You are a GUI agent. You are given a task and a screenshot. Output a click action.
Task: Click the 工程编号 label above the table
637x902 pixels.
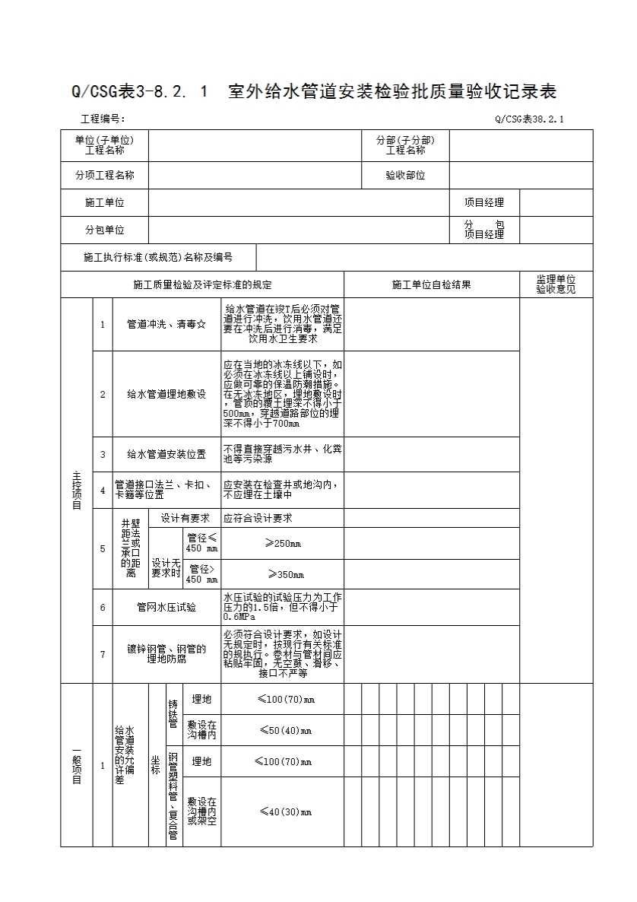tap(103, 119)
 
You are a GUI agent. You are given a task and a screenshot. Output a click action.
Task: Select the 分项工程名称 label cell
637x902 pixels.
tap(105, 175)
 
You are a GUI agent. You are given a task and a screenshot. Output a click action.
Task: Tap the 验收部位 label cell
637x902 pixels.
tap(405, 175)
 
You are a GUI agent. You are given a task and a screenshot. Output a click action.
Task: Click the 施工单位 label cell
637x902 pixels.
tap(105, 202)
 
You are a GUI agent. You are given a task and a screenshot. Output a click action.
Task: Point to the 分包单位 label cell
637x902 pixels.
tap(105, 230)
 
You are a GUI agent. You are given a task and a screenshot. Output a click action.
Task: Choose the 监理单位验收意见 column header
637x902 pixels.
tap(556, 284)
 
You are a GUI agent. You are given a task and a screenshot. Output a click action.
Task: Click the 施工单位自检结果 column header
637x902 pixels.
tap(431, 284)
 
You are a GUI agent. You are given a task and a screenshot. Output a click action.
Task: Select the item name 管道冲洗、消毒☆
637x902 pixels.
tap(166, 324)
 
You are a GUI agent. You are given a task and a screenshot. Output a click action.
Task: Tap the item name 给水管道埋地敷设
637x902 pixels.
tap(166, 394)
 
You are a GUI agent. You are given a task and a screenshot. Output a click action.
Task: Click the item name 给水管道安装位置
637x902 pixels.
tap(166, 454)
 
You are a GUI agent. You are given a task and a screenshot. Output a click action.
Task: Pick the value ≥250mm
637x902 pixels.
tap(283, 543)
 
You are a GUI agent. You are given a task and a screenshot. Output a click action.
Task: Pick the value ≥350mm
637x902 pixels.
tap(283, 574)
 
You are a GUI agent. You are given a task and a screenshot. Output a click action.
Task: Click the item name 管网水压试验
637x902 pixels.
tap(166, 607)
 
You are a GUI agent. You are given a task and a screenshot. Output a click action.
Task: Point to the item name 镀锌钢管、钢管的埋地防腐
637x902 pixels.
tap(166, 654)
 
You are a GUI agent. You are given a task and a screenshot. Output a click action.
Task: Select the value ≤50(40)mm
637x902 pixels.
tap(283, 730)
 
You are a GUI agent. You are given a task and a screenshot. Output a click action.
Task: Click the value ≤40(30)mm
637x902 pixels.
tap(283, 811)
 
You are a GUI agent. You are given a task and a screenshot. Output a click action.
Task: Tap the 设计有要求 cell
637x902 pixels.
tap(185, 518)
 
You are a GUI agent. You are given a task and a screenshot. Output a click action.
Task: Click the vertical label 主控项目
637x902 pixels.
tap(77, 490)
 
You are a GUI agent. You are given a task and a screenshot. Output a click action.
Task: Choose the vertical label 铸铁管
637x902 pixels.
tap(174, 714)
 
